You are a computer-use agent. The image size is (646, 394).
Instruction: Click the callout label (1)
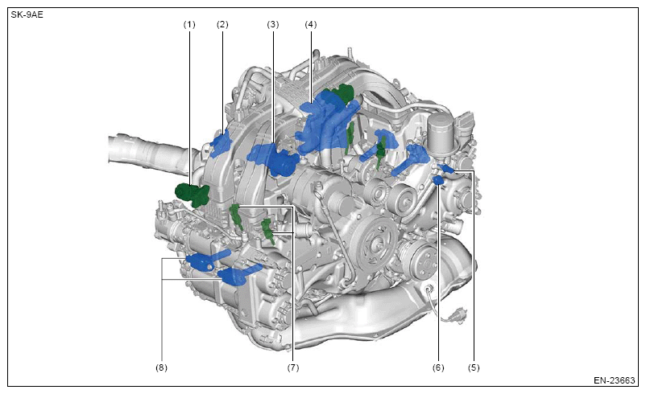(189, 25)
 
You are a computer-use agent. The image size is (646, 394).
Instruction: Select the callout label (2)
(222, 25)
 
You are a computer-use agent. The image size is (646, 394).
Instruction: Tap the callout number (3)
(273, 25)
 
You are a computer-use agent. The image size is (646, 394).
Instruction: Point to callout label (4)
(311, 25)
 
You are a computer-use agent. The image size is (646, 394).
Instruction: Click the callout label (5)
(474, 367)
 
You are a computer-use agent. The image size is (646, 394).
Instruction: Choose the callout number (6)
(438, 367)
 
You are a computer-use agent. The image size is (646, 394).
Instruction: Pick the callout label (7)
(293, 367)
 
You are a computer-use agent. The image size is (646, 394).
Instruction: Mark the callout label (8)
(161, 367)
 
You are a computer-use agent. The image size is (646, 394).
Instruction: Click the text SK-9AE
(27, 15)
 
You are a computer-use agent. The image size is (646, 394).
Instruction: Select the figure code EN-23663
(615, 380)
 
